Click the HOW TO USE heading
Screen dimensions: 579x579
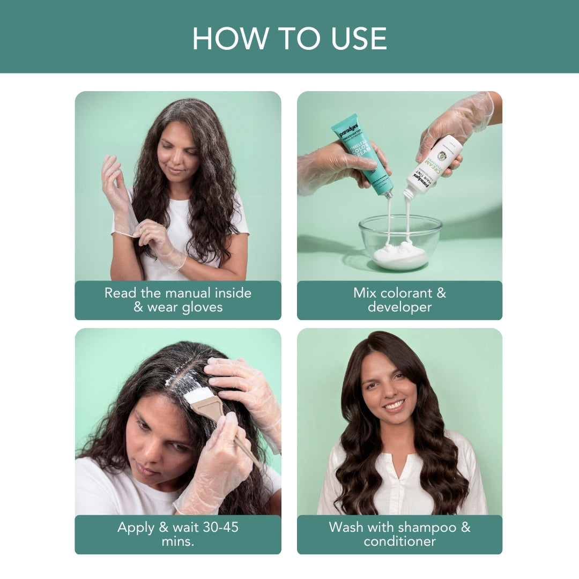point(289,38)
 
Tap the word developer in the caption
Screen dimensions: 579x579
point(399,307)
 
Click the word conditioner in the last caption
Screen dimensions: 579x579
point(399,541)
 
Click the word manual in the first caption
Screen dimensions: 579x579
point(181,293)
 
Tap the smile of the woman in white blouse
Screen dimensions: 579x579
point(395,405)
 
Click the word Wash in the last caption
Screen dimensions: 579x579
point(346,527)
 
